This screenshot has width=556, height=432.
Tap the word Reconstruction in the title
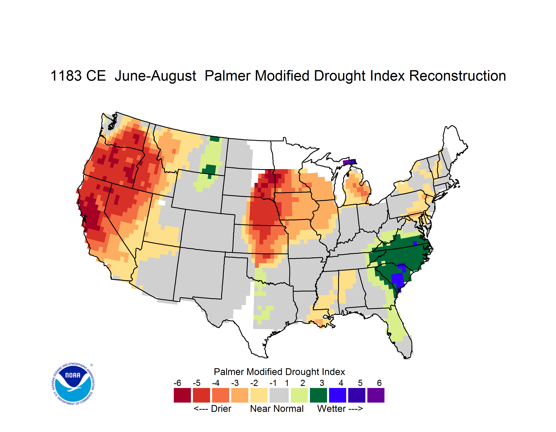458,76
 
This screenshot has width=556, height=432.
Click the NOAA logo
73,384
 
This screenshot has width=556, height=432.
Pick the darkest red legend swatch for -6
182,395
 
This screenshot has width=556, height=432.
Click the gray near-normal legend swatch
279,395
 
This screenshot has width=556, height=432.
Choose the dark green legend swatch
318,395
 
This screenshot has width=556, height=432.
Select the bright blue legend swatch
338,395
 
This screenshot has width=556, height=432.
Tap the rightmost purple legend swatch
376,395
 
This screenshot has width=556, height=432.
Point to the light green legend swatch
299,395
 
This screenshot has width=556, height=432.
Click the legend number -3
235,383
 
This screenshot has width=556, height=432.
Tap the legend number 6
379,383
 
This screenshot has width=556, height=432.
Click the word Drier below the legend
221,409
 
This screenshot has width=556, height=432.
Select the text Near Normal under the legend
277,409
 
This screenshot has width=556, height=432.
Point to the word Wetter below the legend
332,409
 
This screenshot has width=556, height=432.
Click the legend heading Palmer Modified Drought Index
279,372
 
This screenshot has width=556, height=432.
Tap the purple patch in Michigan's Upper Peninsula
349,162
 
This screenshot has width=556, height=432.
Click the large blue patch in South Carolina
398,279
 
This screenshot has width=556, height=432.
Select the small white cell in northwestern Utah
162,203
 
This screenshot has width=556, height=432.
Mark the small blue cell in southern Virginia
415,243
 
